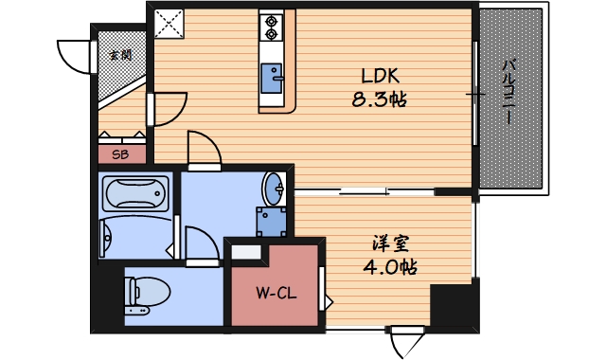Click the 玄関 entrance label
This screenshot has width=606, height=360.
coord(120,54)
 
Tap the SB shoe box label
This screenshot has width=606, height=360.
coord(121,153)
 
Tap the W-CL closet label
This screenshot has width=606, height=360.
coord(276,293)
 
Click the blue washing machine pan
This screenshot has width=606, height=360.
coord(272,221)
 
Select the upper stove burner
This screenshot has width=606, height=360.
coord(272,20)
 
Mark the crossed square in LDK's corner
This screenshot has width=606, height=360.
coord(169,24)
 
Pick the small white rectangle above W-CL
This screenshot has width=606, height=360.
coord(245,253)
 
